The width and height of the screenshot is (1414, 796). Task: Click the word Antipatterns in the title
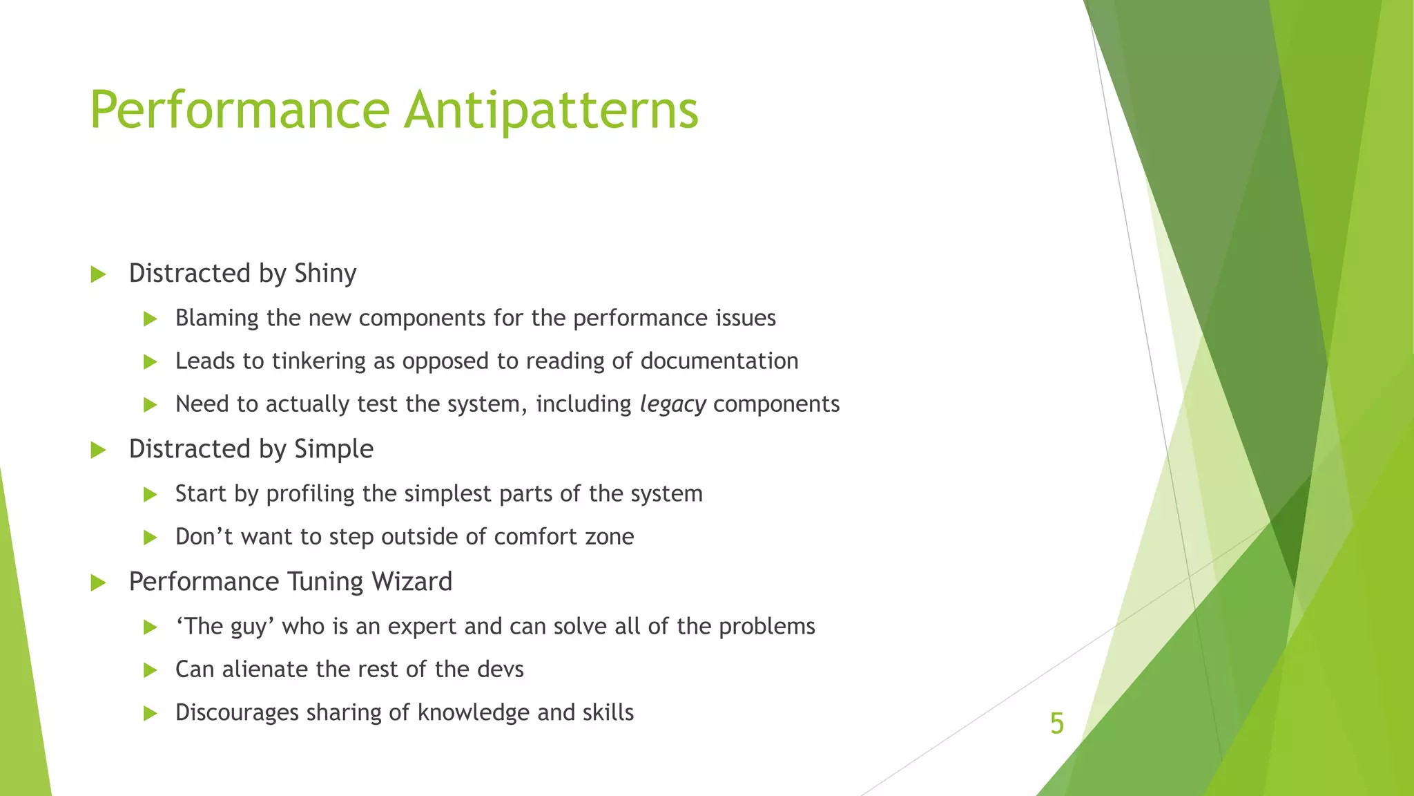click(x=551, y=111)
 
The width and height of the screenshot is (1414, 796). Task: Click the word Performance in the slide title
click(x=240, y=111)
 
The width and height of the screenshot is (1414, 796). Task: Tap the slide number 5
click(x=1056, y=723)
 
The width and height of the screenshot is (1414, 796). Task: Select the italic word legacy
click(x=672, y=404)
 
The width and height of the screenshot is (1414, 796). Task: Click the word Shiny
click(x=325, y=274)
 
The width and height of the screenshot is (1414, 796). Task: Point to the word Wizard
click(x=411, y=582)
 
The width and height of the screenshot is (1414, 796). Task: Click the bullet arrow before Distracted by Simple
click(x=98, y=451)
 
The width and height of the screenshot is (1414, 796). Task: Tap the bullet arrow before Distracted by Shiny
click(x=98, y=275)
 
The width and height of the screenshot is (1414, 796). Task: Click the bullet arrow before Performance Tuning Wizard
click(x=98, y=583)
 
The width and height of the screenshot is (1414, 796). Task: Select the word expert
click(x=423, y=627)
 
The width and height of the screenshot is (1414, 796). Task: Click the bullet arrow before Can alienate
click(x=150, y=670)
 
